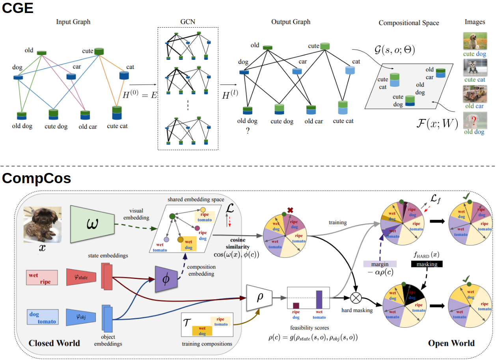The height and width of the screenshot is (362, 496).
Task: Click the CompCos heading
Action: pyautogui.click(x=37, y=178)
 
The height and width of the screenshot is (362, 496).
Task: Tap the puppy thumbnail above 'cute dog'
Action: pyautogui.click(x=475, y=41)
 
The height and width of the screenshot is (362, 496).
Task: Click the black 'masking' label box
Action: pyautogui.click(x=427, y=264)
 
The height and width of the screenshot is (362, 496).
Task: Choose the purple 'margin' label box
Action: pyautogui.click(x=380, y=264)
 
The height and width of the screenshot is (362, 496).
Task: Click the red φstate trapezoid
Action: pyautogui.click(x=81, y=277)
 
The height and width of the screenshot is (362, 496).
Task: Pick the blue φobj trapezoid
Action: pyautogui.click(x=81, y=317)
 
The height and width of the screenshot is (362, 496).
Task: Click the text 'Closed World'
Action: pyautogui.click(x=54, y=343)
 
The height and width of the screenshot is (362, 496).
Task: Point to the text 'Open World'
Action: pyautogui.click(x=451, y=343)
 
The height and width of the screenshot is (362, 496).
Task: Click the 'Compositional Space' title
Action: pyautogui.click(x=408, y=23)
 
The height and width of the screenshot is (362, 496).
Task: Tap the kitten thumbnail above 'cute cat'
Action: pyautogui.click(x=475, y=67)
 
